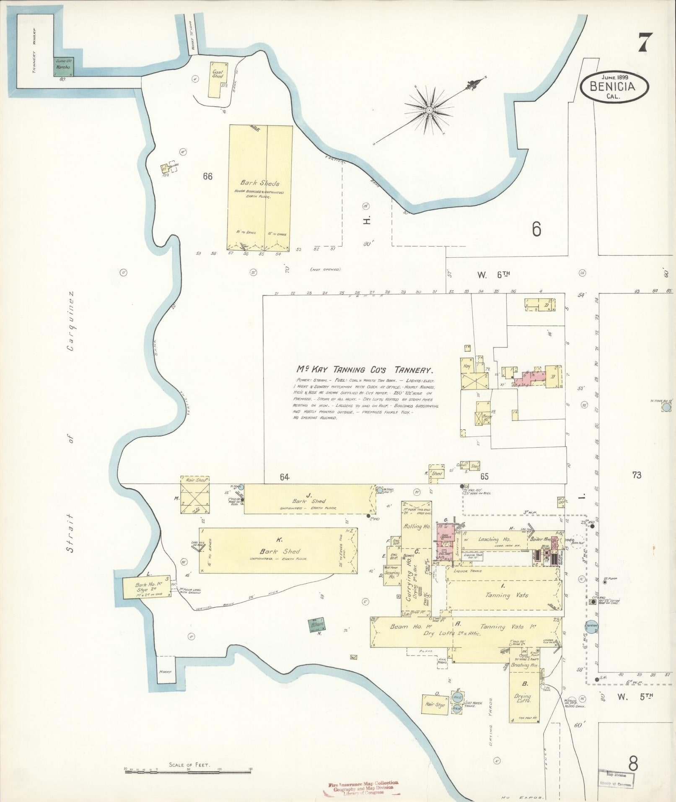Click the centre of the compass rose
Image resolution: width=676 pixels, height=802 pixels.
[430, 110]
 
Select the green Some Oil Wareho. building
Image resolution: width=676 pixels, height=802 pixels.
[63, 67]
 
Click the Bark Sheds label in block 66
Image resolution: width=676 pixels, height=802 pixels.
[259, 183]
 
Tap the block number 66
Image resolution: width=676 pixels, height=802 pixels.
[207, 176]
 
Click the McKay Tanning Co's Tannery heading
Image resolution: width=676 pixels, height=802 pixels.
[364, 370]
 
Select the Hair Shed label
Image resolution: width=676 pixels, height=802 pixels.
[196, 480]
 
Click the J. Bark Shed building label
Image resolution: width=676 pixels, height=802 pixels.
[309, 501]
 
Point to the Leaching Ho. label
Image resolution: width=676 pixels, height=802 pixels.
[495, 540]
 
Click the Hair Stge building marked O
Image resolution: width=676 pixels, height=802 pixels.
[434, 705]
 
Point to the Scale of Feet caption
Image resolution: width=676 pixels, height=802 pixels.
[189, 765]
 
